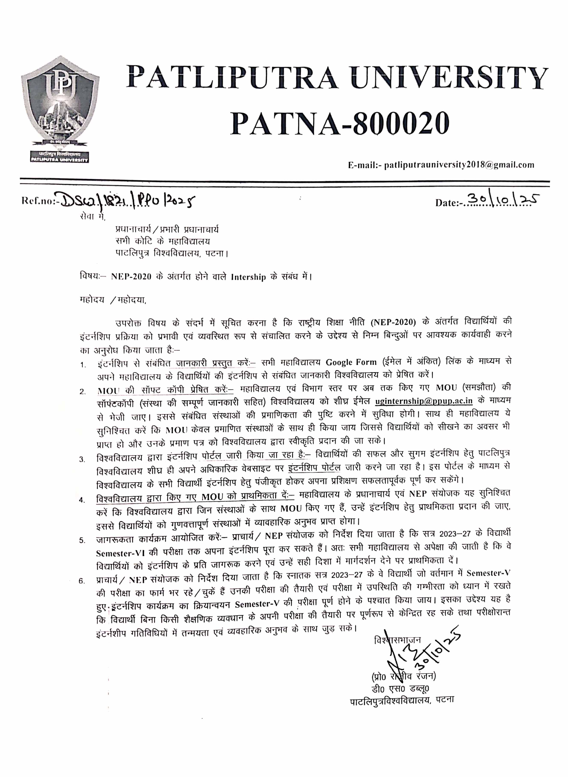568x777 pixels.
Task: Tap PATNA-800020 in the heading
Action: click(339, 123)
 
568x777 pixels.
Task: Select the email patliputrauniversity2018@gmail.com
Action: click(459, 165)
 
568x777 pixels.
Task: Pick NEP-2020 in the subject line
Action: click(131, 277)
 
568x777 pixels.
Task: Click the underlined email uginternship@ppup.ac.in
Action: click(424, 401)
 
